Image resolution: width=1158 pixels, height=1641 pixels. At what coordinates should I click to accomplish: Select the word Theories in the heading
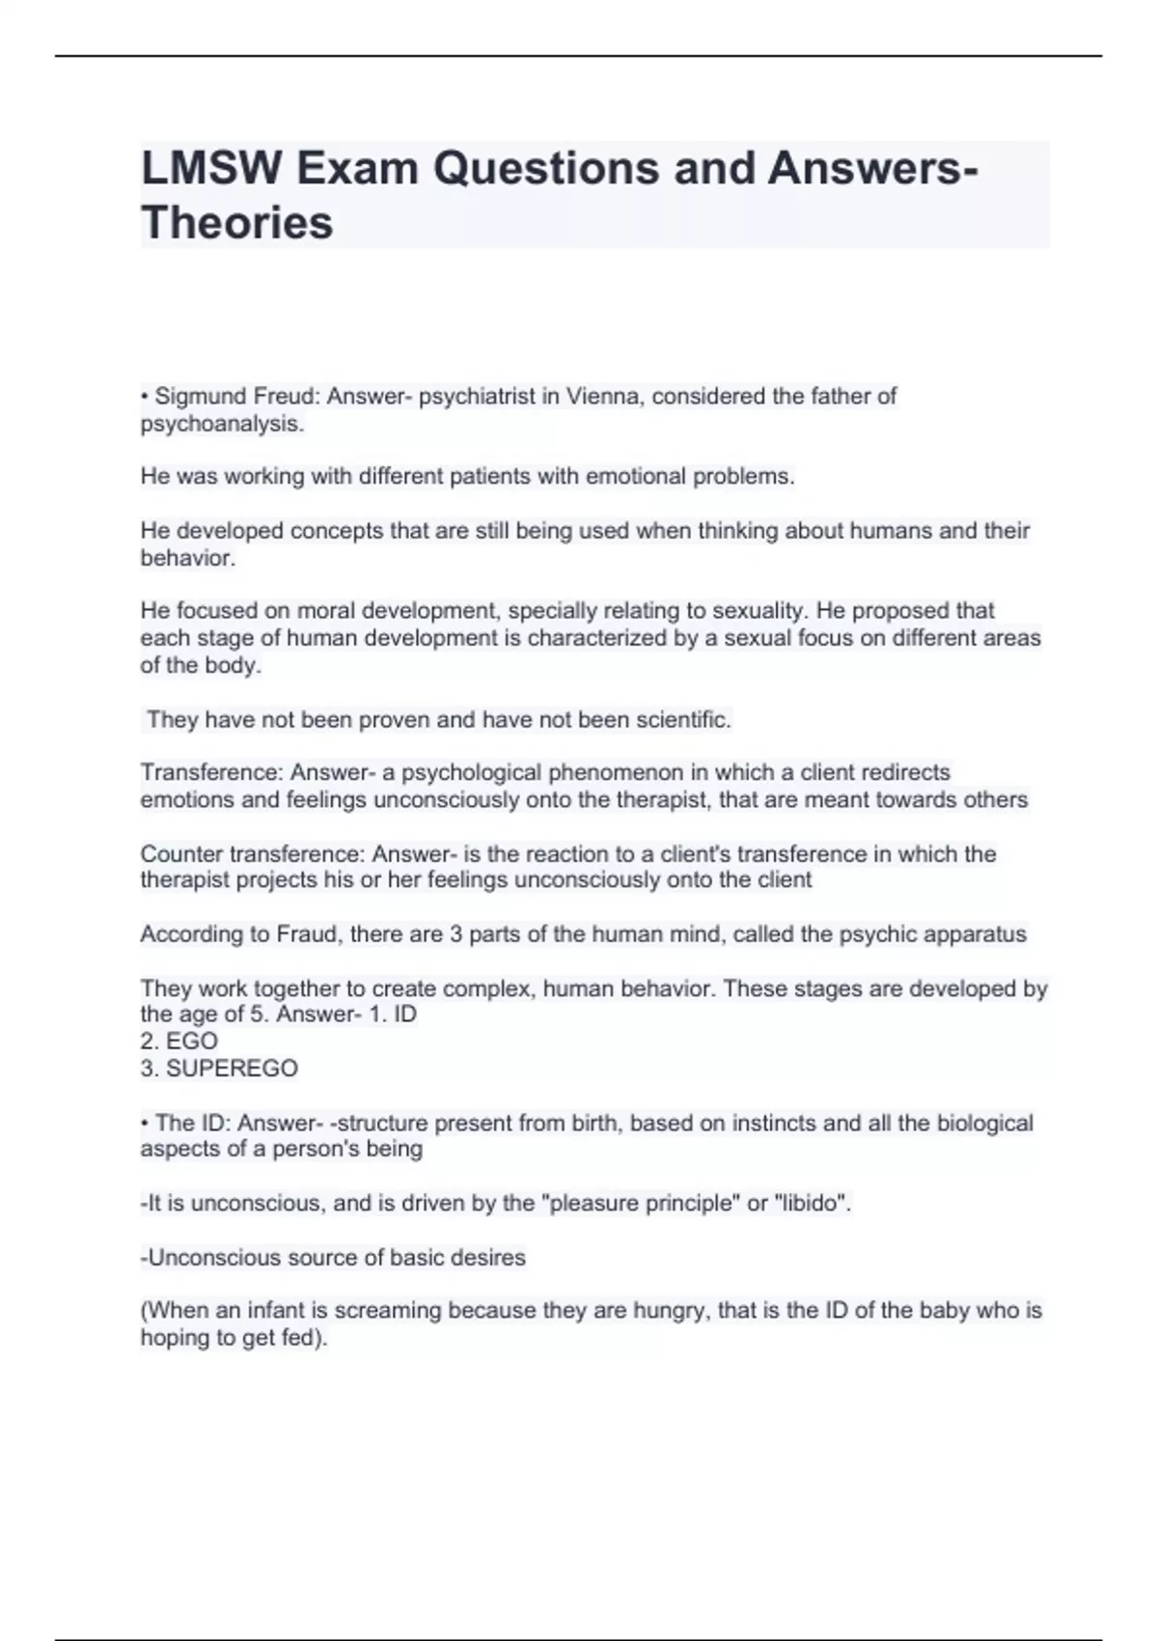point(237,223)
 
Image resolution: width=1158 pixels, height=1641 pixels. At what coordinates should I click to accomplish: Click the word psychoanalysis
point(221,424)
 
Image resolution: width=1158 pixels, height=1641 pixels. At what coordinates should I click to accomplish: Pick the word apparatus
point(975,934)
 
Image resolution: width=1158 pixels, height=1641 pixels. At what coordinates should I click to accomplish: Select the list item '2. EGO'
point(179,1042)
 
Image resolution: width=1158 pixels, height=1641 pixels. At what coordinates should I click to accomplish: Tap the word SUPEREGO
point(232,1069)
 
